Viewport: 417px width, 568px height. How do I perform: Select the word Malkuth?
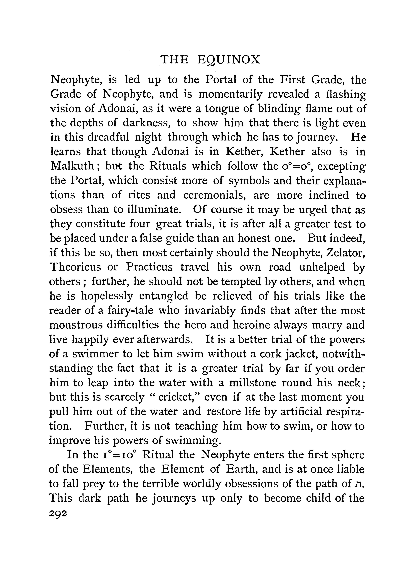pos(72,166)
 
